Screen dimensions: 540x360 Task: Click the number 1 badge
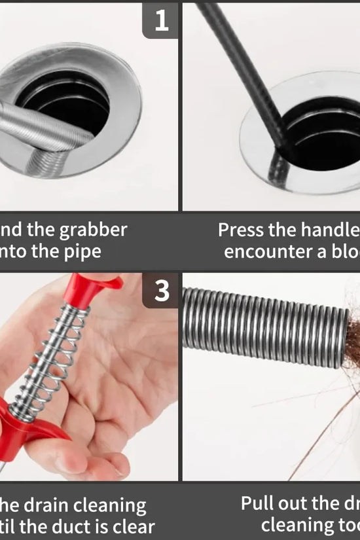coord(160,21)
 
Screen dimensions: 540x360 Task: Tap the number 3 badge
coord(160,291)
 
